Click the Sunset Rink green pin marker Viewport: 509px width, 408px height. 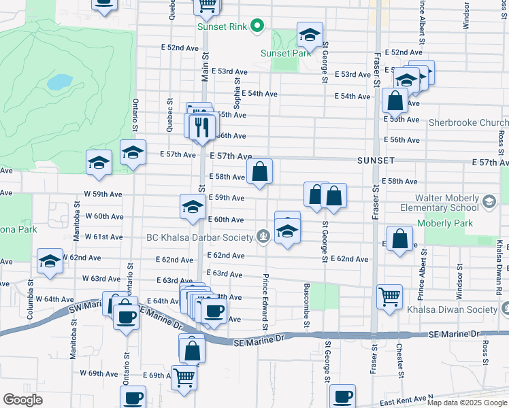pos(257,27)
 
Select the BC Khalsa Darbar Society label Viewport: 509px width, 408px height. pos(200,237)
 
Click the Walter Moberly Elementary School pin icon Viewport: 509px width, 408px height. pos(489,201)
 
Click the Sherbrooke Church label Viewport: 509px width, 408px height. pos(465,123)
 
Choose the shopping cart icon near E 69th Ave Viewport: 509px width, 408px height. pos(184,377)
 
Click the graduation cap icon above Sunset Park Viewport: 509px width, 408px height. pos(310,35)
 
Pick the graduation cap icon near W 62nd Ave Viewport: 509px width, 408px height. pos(50,262)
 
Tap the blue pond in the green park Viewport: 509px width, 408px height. pos(60,82)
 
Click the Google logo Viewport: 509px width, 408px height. pos(22,400)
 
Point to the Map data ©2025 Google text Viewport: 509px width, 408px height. pos(467,403)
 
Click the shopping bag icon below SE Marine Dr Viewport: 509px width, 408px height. pos(192,350)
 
